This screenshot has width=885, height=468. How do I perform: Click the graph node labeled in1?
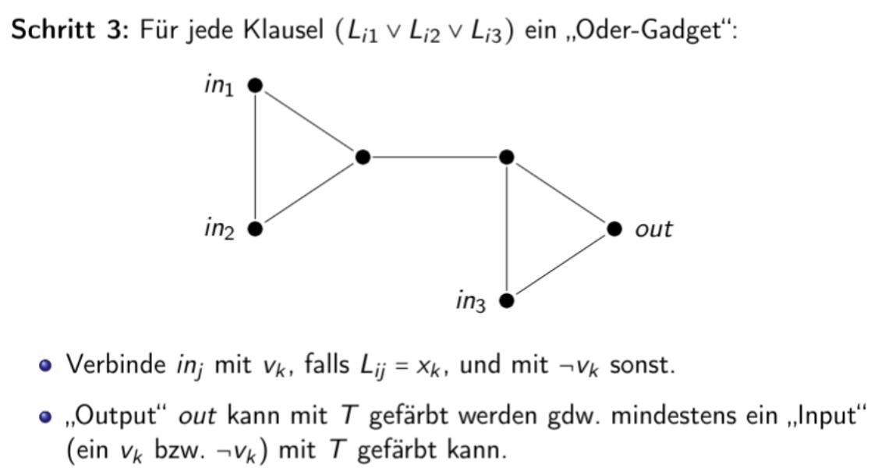point(253,85)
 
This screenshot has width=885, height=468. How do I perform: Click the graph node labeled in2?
point(253,229)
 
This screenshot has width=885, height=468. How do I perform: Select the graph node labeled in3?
point(507,300)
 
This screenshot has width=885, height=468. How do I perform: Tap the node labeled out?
point(614,229)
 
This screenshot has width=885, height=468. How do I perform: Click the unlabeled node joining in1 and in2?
point(362,157)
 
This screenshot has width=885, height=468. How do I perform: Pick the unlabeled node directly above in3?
point(507,157)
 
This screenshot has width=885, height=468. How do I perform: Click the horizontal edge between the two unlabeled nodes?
point(434,157)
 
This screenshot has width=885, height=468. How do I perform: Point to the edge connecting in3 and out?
point(561,264)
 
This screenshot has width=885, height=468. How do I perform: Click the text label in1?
point(218,86)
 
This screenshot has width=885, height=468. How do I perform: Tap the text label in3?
point(471,302)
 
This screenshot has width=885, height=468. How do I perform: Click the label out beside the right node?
point(653,229)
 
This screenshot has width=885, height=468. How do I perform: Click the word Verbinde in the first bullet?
point(112,364)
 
